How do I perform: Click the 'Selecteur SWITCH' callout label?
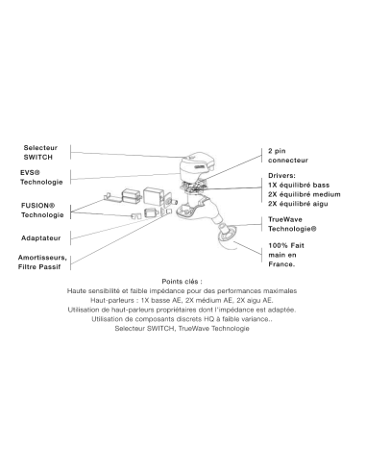pyautogui.click(x=40, y=153)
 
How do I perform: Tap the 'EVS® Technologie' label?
pyautogui.click(x=41, y=177)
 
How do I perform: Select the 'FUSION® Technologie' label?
pyautogui.click(x=42, y=211)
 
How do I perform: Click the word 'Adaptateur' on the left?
pyautogui.click(x=40, y=238)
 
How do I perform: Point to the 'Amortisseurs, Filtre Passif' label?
pyautogui.click(x=42, y=262)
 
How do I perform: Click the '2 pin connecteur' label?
pyautogui.click(x=288, y=156)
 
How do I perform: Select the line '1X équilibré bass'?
pyautogui.click(x=299, y=185)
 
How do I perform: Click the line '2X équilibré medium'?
pyautogui.click(x=305, y=194)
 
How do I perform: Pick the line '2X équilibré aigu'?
pyautogui.click(x=298, y=204)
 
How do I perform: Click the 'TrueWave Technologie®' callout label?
pyautogui.click(x=292, y=224)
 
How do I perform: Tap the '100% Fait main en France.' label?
pyautogui.click(x=286, y=255)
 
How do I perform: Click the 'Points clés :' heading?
pyautogui.click(x=182, y=282)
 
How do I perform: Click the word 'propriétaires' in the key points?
pyautogui.click(x=176, y=310)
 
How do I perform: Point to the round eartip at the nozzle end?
pyautogui.click(x=227, y=233)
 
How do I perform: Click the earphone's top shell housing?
pyautogui.click(x=195, y=166)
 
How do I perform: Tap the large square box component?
pyautogui.click(x=154, y=196)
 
